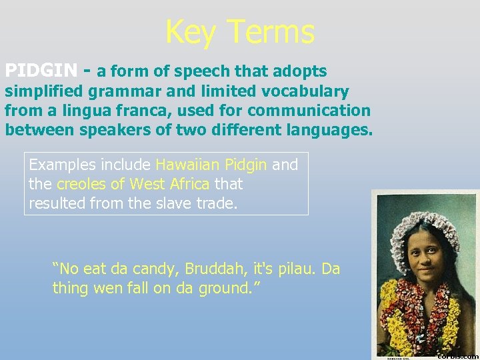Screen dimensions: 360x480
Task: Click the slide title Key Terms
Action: (x=239, y=31)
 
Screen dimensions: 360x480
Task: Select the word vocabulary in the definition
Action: (x=298, y=91)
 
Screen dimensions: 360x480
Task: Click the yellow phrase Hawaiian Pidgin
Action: (x=211, y=165)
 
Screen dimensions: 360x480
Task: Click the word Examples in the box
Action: (x=59, y=165)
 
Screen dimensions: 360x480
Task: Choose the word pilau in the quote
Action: (x=293, y=269)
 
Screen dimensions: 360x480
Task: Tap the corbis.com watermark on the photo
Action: (x=459, y=355)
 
